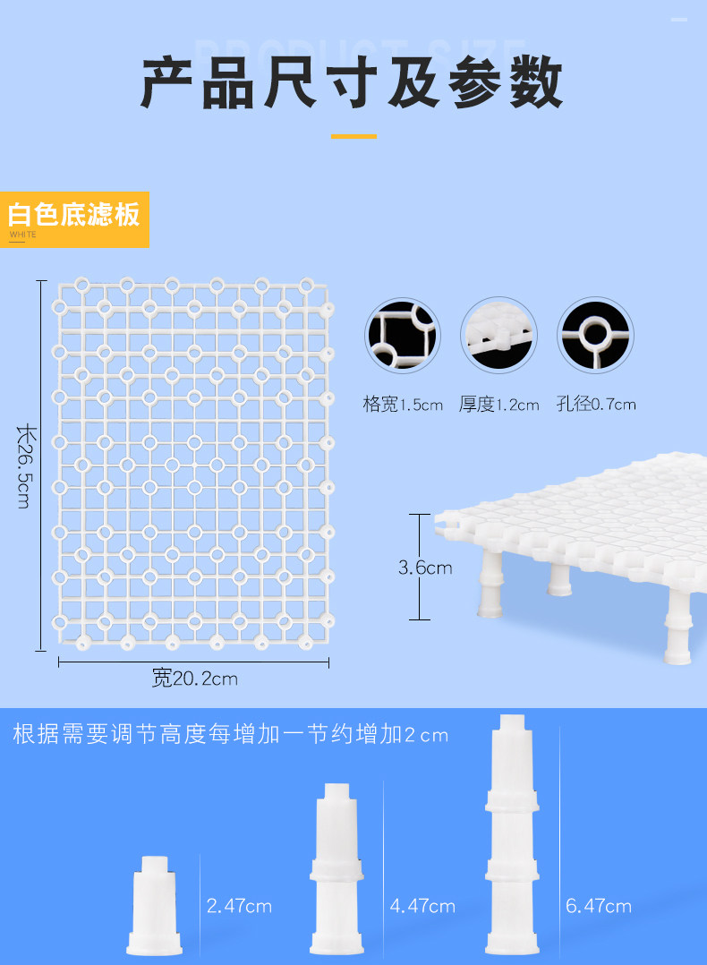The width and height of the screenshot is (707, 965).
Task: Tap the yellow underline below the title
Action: pos(353,136)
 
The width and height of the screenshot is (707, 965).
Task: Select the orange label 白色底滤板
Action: pos(74,216)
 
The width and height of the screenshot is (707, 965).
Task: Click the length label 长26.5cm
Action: pos(24,465)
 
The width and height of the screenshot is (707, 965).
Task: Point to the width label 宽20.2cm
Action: pos(194,679)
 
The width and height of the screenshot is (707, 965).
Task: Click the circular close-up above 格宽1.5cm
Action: pos(402,336)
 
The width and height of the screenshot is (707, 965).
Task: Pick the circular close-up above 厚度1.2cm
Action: pos(498,336)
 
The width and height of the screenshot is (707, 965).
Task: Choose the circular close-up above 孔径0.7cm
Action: pos(595,336)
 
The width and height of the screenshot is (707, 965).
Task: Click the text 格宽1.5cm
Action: pos(403,405)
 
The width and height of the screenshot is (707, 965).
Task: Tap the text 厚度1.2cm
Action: pos(499,405)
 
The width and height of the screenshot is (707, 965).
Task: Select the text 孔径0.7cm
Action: pos(596,405)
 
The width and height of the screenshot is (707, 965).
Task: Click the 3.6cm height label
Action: pos(425,568)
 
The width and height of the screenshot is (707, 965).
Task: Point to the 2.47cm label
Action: pos(239,906)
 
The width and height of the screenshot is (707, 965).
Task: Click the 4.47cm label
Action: pos(422,906)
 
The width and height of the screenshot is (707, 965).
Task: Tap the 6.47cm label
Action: pos(599,906)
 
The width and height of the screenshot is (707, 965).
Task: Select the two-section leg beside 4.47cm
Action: pos(337,868)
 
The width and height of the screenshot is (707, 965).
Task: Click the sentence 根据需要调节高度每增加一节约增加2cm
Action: pos(230,735)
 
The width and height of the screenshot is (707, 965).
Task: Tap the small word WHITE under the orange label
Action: pos(23,235)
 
